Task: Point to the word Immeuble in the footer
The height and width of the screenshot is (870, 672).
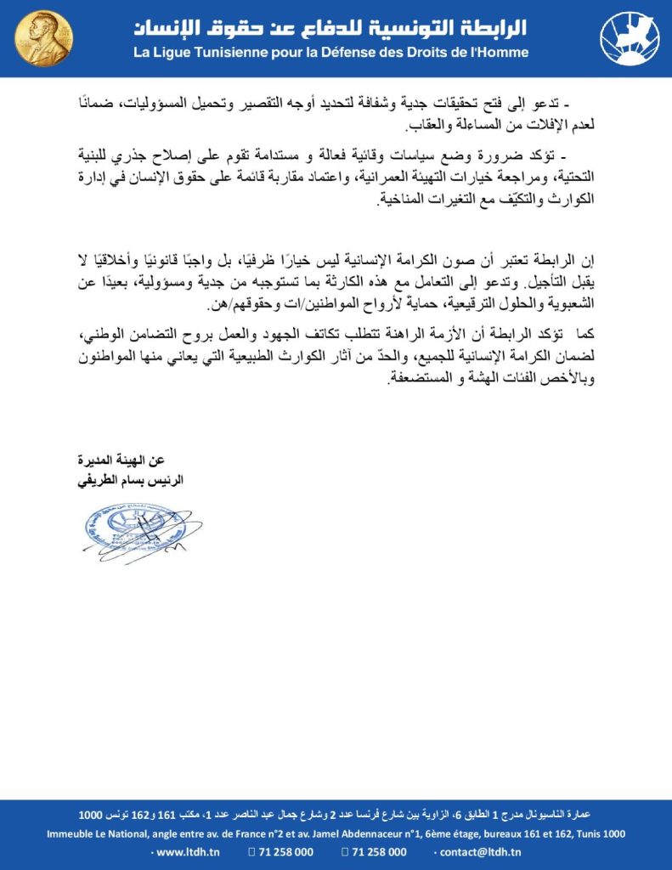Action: coord(71,834)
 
